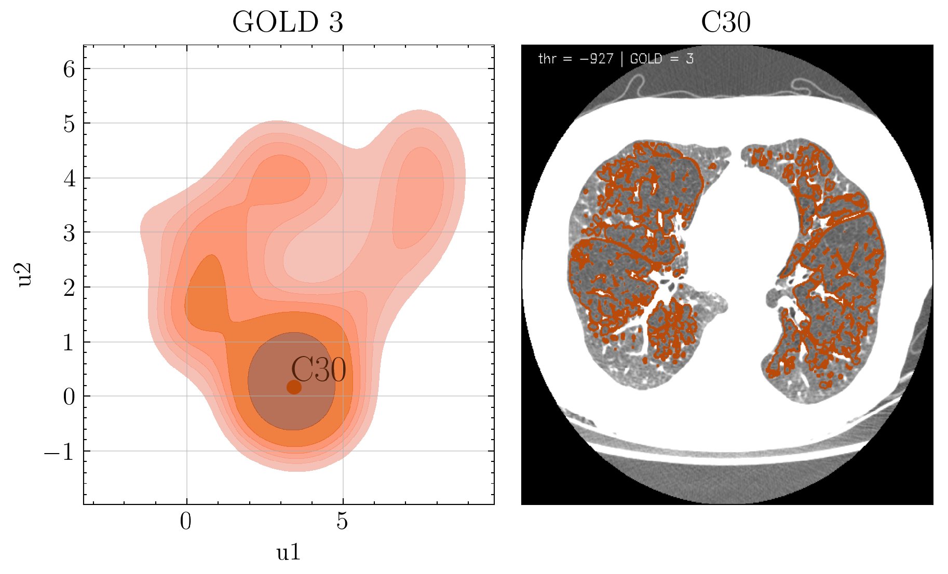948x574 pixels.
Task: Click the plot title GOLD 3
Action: (x=288, y=23)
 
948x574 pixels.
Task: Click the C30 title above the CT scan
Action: (x=726, y=23)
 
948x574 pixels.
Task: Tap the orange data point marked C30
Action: (x=294, y=387)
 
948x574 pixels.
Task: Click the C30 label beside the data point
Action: (x=318, y=371)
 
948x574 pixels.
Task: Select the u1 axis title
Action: (x=288, y=552)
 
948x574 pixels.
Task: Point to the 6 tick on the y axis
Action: (x=69, y=69)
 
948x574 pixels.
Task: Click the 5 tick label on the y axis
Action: (x=69, y=124)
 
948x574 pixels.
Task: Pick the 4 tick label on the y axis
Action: (x=69, y=179)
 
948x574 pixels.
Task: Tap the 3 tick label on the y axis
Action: (x=69, y=233)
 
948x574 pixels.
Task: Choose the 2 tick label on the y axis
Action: (x=69, y=288)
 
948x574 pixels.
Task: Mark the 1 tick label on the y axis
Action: (x=69, y=343)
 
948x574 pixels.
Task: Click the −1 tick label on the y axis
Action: (x=60, y=452)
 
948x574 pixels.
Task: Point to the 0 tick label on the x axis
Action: (x=186, y=522)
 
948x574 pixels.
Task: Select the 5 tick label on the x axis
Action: (x=342, y=522)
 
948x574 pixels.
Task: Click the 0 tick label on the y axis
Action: (x=69, y=397)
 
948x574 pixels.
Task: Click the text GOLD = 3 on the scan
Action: (x=661, y=59)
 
